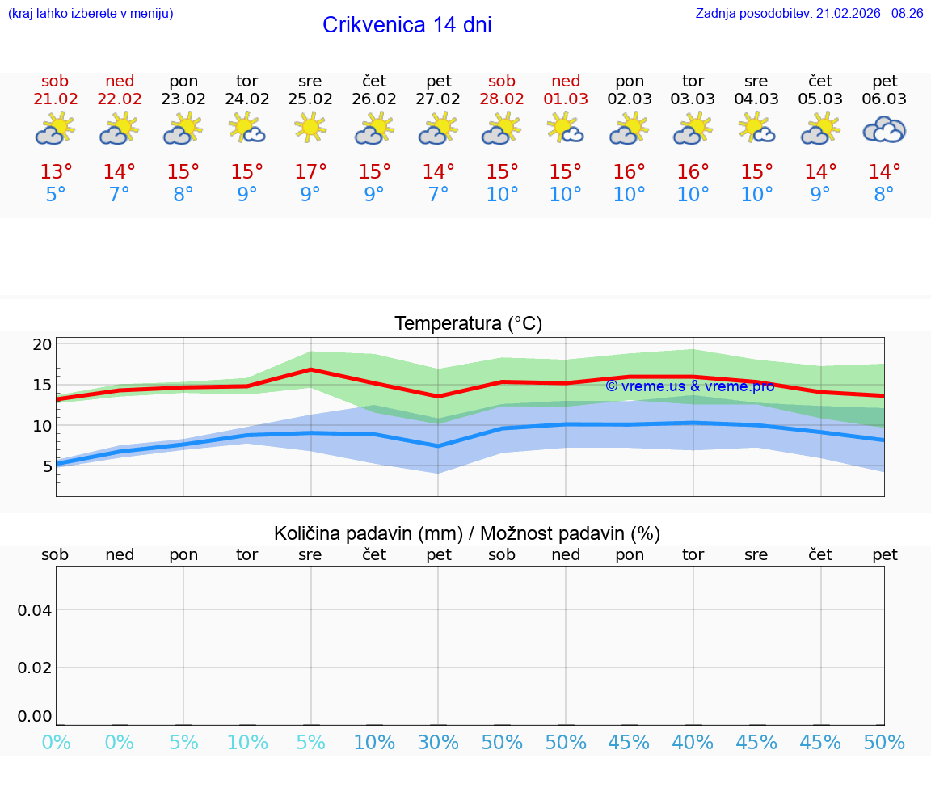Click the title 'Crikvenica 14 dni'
click(407, 25)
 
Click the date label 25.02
click(310, 99)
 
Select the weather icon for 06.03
click(884, 129)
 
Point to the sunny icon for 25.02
click(310, 128)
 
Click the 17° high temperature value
click(310, 172)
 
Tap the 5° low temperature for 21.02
click(55, 195)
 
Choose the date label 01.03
click(566, 99)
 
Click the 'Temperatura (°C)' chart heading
click(468, 323)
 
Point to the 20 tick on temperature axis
click(42, 344)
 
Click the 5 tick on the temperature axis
click(47, 466)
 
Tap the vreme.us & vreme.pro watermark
click(689, 386)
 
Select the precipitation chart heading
click(467, 533)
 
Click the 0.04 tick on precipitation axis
click(35, 610)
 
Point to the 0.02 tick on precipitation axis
click(35, 668)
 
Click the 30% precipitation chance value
click(438, 742)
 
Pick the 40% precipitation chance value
click(693, 742)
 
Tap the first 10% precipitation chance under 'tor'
click(246, 742)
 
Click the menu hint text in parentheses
click(90, 13)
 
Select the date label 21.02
click(55, 99)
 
